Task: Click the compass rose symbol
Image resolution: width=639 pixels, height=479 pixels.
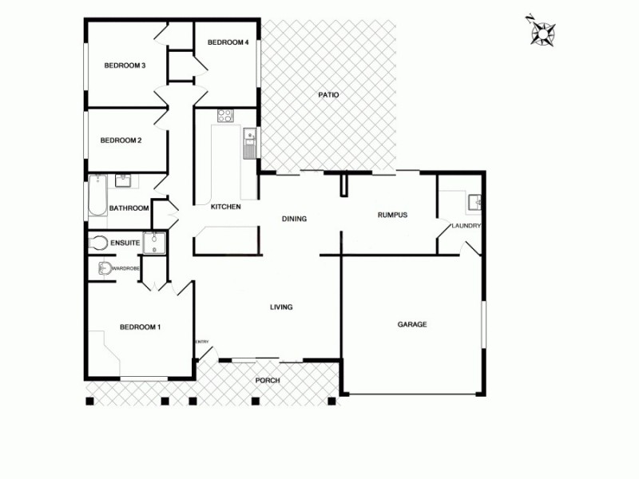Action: (542, 31)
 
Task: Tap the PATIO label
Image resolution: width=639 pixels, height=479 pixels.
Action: (328, 95)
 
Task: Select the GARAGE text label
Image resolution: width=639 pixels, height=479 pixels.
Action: (412, 324)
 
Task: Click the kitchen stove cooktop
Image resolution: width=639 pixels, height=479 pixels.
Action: (225, 116)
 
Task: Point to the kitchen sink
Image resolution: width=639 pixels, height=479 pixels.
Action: (249, 136)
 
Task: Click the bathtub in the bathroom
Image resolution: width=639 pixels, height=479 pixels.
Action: (96, 196)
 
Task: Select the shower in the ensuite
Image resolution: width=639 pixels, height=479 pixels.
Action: (155, 243)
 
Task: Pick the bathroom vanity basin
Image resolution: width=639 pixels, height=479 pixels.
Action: (123, 180)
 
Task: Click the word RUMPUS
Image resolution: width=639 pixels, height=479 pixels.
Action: (392, 215)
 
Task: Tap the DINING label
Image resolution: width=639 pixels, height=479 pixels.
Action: (295, 219)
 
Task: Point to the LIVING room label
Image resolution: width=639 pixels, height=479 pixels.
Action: (281, 307)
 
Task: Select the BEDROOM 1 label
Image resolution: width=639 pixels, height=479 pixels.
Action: (141, 327)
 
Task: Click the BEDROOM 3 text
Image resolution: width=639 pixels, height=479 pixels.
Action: (125, 65)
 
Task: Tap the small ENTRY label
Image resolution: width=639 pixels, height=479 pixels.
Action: (202, 342)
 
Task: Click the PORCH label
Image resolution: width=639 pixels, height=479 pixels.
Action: (268, 380)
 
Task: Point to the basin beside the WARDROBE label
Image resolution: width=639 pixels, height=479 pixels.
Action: (104, 268)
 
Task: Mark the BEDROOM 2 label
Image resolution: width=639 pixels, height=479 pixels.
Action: (121, 141)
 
